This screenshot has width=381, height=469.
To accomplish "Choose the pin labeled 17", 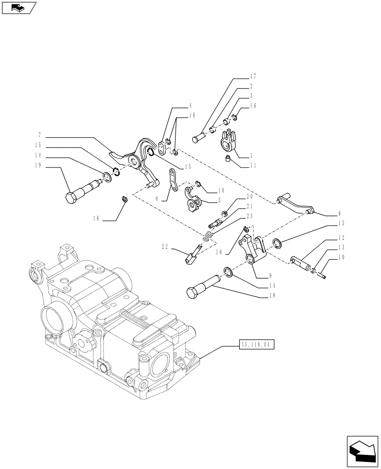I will tap(198, 138).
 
